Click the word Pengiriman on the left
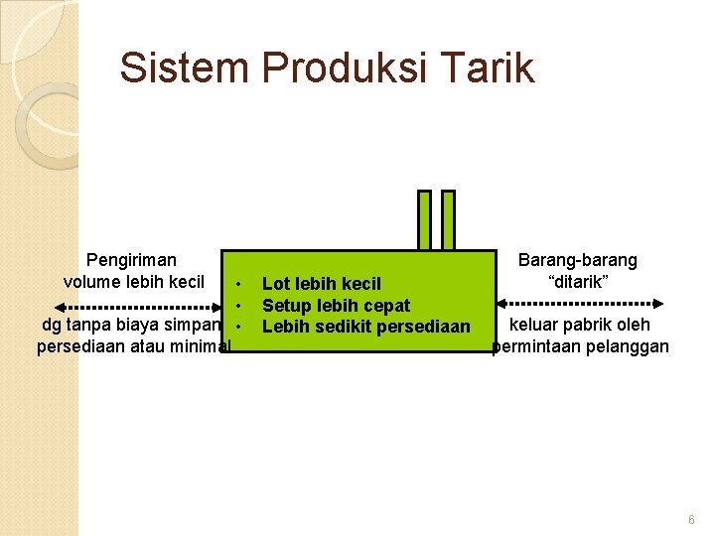pyautogui.click(x=131, y=260)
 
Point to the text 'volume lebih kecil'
pyautogui.click(x=134, y=281)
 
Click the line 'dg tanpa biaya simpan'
pyautogui.click(x=132, y=326)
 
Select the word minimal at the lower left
pyautogui.click(x=199, y=346)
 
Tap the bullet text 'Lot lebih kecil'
pyautogui.click(x=321, y=285)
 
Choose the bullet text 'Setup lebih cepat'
pyautogui.click(x=336, y=305)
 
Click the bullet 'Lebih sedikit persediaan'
pyautogui.click(x=365, y=326)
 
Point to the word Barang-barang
pyautogui.click(x=578, y=260)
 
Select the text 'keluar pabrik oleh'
pyautogui.click(x=580, y=325)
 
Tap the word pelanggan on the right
pyautogui.click(x=625, y=346)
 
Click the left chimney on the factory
pyautogui.click(x=424, y=219)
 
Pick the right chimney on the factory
pyautogui.click(x=448, y=219)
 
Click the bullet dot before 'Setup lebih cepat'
pyautogui.click(x=239, y=305)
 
